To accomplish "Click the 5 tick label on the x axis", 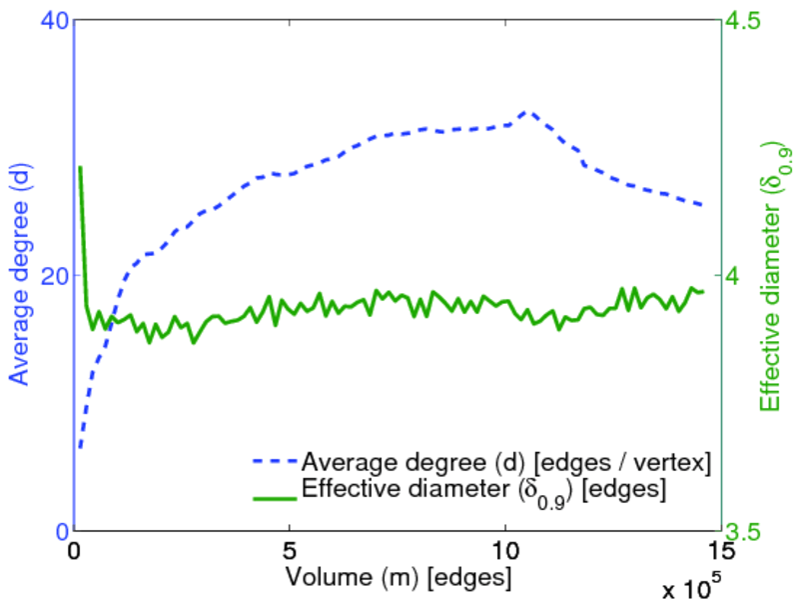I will coord(290,551).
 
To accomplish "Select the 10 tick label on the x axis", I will coord(504,551).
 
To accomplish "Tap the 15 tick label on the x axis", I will coord(719,551).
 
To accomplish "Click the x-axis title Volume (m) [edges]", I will coord(399,577).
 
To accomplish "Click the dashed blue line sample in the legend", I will coord(270,463).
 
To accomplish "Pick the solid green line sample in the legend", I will coord(270,491).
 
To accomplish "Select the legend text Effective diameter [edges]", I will coord(483,491).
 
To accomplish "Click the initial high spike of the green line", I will coord(80,168).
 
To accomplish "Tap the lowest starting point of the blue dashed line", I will coord(80,447).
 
